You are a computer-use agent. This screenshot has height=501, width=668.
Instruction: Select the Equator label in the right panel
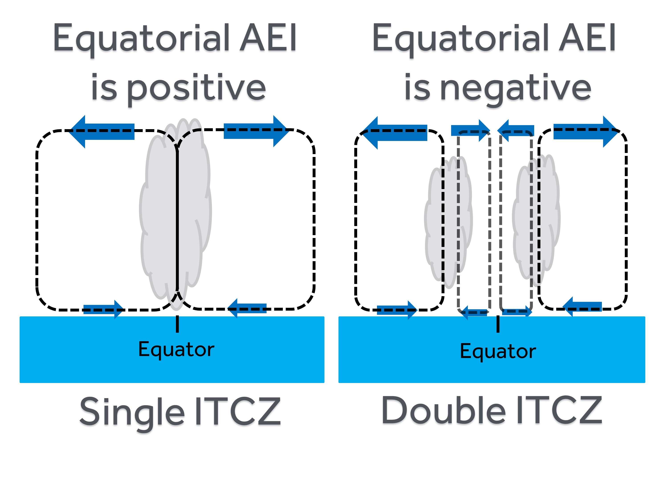click(x=498, y=351)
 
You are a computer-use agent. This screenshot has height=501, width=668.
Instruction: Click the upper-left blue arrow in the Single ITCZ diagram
click(x=103, y=131)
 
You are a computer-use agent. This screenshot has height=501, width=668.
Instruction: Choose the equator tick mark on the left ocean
click(x=177, y=324)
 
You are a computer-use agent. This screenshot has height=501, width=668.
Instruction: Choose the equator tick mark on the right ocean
click(x=498, y=324)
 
